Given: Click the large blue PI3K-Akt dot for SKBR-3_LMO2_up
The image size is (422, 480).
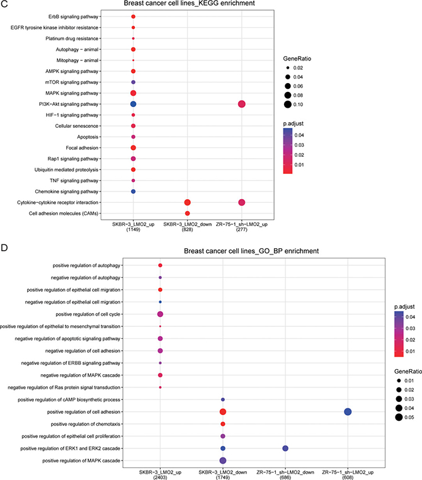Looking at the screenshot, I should pyautogui.click(x=133, y=104).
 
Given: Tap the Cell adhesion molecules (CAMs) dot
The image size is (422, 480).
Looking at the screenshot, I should pyautogui.click(x=187, y=214).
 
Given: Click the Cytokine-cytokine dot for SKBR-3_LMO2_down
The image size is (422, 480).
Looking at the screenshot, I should pyautogui.click(x=187, y=202).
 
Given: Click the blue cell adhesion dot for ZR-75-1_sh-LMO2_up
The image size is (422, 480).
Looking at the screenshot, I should pyautogui.click(x=348, y=411).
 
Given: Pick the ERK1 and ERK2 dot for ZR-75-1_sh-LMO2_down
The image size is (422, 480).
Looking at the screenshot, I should pyautogui.click(x=285, y=448).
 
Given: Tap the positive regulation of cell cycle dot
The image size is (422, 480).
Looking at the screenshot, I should pyautogui.click(x=161, y=314).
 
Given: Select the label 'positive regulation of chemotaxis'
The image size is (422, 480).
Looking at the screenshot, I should pyautogui.click(x=105, y=423).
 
